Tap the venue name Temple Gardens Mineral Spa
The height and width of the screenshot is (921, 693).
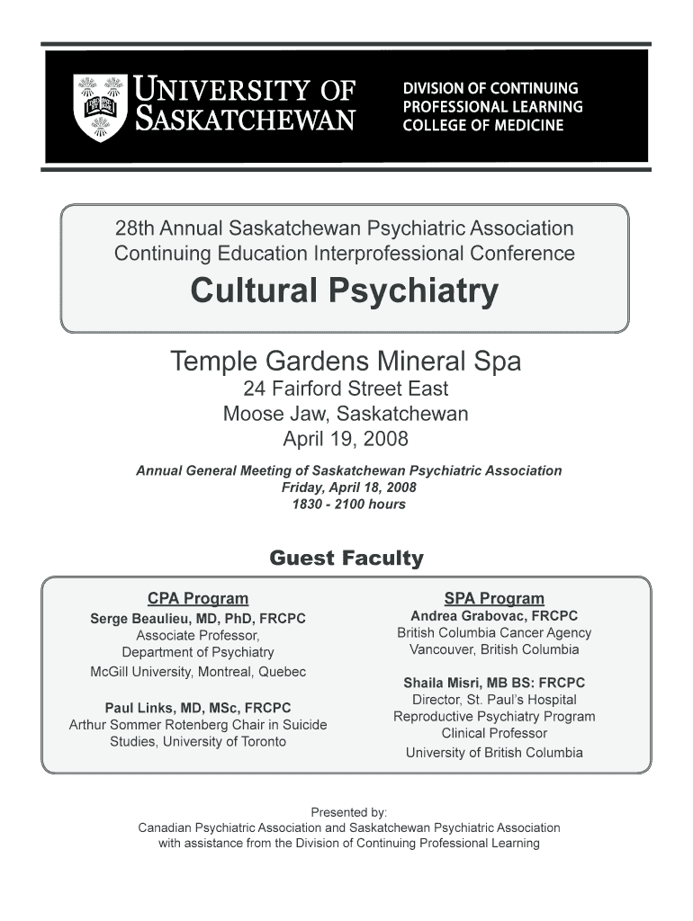(346, 362)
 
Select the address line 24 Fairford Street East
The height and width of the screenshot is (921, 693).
(346, 389)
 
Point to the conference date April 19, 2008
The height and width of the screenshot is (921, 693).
(346, 440)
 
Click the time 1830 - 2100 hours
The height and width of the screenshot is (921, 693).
(348, 504)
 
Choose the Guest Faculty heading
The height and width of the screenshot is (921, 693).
(346, 559)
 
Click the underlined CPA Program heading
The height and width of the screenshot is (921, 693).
(198, 598)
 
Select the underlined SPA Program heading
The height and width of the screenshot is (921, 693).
(494, 598)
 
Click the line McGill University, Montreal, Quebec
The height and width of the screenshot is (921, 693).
(198, 672)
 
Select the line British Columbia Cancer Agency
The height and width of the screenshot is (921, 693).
(494, 633)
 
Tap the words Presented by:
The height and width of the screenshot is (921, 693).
(348, 811)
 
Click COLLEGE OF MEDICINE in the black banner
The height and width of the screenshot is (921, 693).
(482, 126)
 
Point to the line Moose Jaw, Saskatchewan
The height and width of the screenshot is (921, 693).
(346, 415)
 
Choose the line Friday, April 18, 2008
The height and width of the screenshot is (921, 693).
(348, 487)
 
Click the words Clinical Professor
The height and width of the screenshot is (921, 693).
(494, 733)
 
